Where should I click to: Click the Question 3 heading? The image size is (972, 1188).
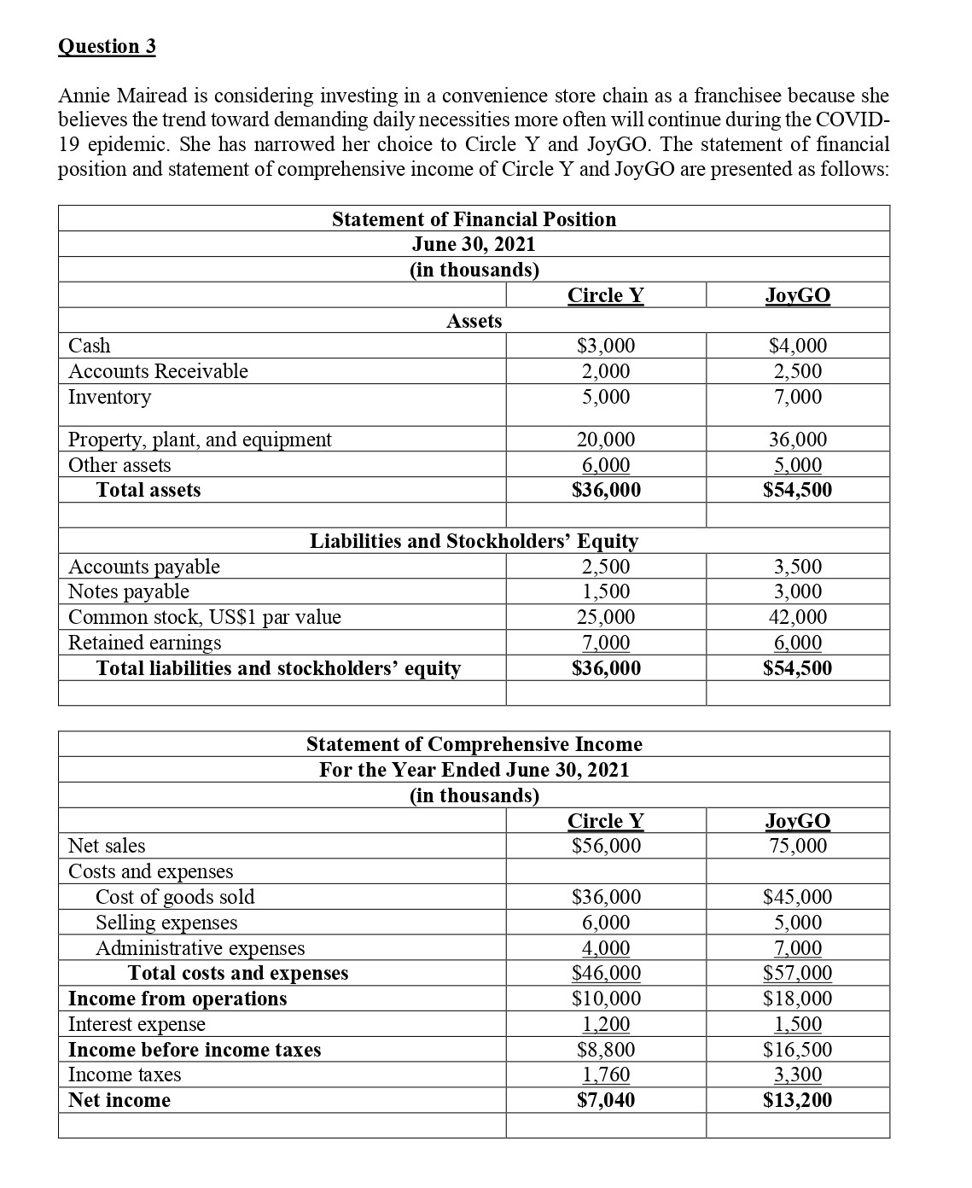click(107, 46)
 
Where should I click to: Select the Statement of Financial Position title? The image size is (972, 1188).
click(474, 219)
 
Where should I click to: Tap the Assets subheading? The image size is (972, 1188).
click(474, 321)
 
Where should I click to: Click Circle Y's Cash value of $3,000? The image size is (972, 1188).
click(606, 346)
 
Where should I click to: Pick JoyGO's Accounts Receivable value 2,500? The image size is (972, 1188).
click(798, 371)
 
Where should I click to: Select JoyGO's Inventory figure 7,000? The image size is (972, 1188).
click(798, 397)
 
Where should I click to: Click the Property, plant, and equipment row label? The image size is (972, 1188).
click(200, 440)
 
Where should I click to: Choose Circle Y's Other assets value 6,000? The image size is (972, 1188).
click(606, 465)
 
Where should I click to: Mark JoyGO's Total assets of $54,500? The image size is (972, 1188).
click(798, 490)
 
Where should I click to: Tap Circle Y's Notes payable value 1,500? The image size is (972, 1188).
click(606, 591)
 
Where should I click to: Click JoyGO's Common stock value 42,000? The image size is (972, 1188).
click(798, 617)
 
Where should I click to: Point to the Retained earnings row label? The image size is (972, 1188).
click(144, 643)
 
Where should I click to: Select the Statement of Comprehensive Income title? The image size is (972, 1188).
click(474, 744)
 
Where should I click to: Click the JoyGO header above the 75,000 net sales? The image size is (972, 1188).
click(798, 821)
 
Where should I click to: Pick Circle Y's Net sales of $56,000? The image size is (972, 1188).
click(606, 846)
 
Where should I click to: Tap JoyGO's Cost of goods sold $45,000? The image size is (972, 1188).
click(798, 897)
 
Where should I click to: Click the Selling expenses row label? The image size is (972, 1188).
click(166, 923)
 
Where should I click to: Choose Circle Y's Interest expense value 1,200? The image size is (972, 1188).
click(606, 1024)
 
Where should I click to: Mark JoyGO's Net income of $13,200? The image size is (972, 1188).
click(798, 1100)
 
